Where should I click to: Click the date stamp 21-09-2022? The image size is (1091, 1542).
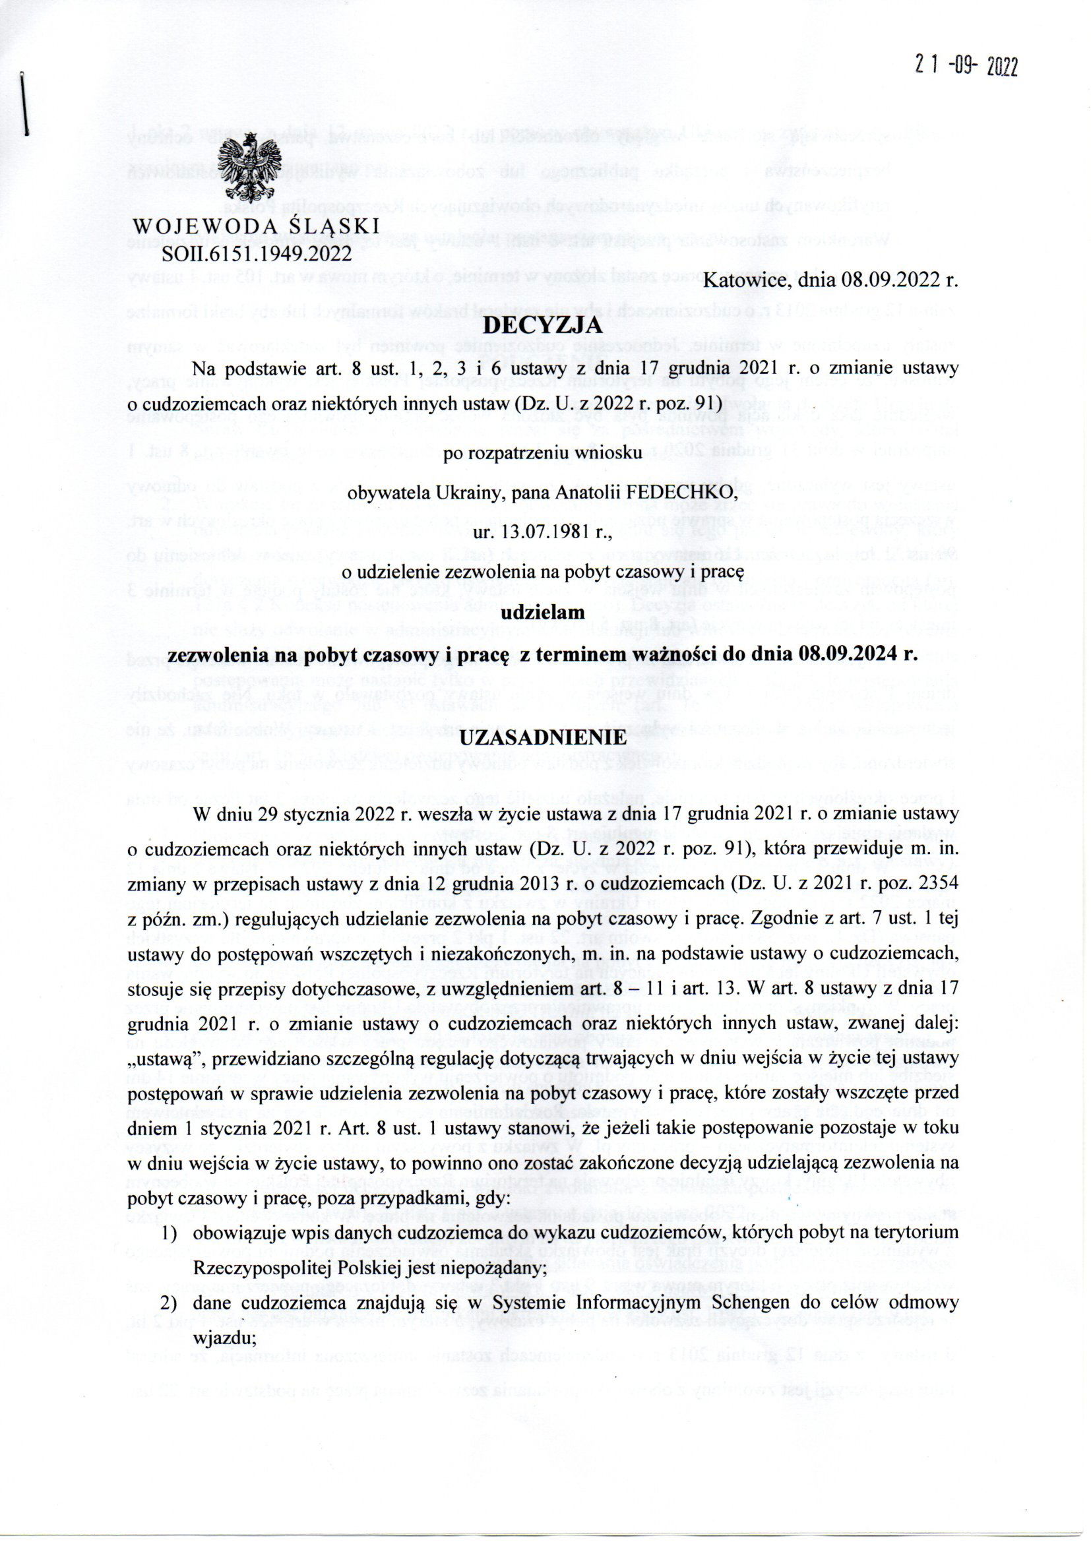[967, 67]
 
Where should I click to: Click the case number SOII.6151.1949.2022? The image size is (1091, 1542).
[256, 254]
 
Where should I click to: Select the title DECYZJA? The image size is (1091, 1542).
[542, 327]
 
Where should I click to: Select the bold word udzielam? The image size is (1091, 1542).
[543, 613]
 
